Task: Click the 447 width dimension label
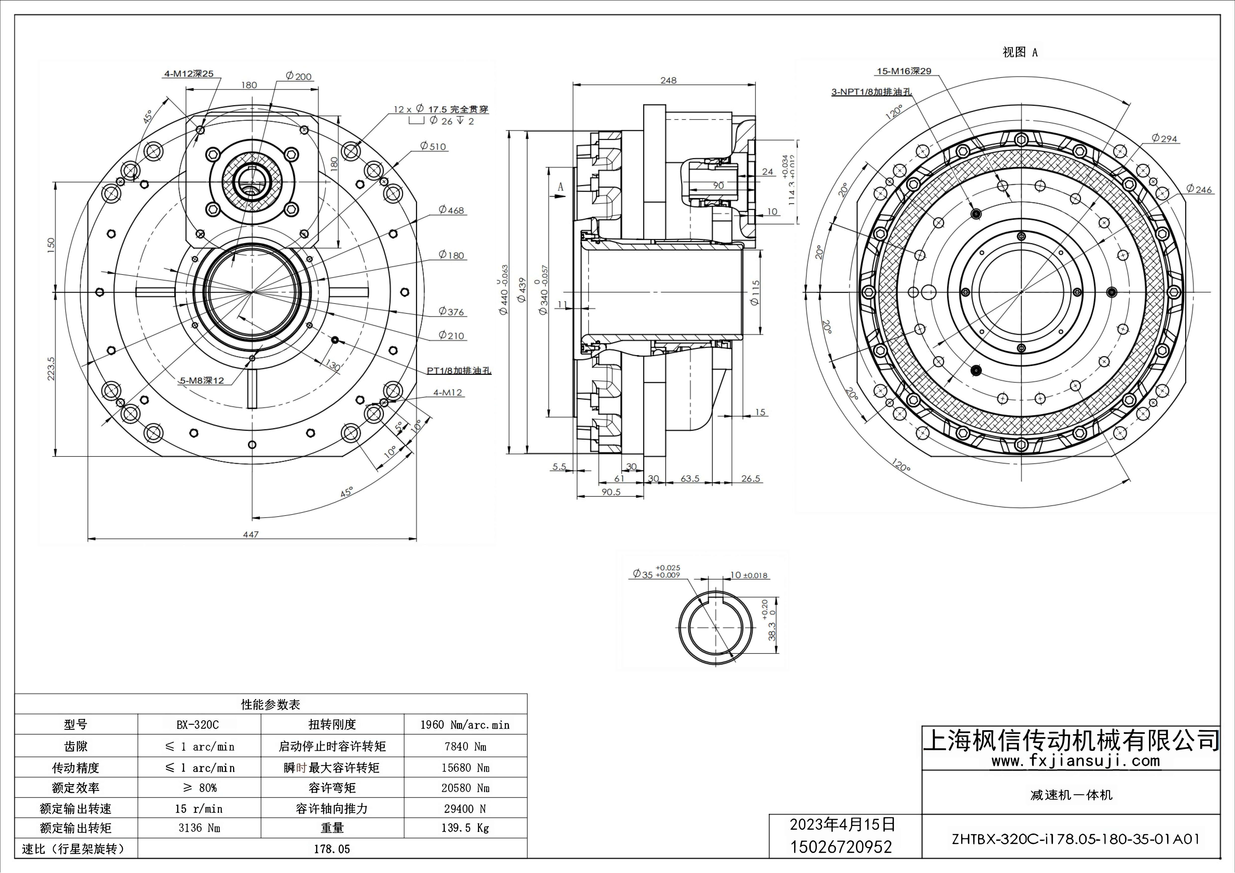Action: [x=251, y=534]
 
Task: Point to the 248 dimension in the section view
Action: [x=668, y=80]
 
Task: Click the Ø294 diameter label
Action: [x=1165, y=139]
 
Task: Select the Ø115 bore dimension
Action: [x=755, y=293]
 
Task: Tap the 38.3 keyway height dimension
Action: [x=772, y=631]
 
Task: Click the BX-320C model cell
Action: [x=198, y=725]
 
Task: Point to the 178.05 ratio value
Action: [x=332, y=849]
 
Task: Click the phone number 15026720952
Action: [x=841, y=847]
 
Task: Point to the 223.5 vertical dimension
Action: [x=51, y=369]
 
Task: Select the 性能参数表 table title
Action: [x=271, y=704]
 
